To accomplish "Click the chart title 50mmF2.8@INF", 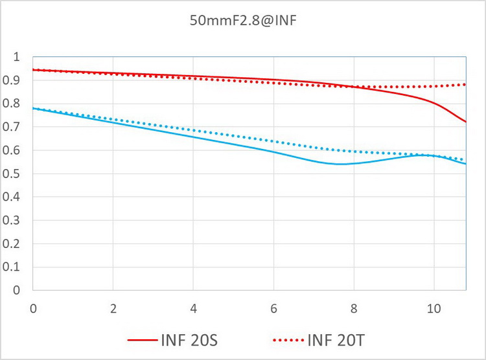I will coord(243,21).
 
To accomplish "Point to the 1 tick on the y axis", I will coord(16,57).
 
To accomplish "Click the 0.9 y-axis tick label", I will coord(13,80).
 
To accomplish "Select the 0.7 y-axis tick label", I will coord(13,127).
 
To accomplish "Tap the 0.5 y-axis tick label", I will coord(13,174).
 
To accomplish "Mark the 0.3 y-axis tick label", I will coord(13,220).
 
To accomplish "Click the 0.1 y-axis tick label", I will coord(13,267).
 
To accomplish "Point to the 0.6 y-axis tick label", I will coord(13,150).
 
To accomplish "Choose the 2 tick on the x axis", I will coord(113,307).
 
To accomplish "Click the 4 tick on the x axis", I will coord(193,307).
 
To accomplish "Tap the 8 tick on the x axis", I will coord(353,307).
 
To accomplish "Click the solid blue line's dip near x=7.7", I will coord(341,164).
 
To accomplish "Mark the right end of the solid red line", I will coord(465,122).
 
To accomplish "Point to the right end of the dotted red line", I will coord(465,84).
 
